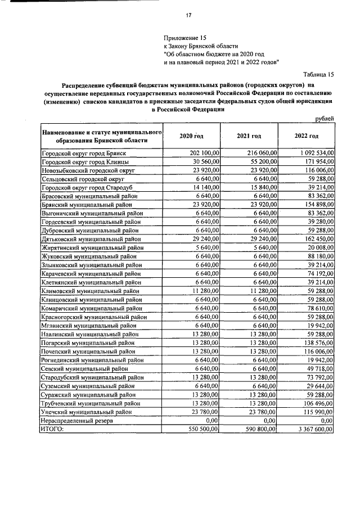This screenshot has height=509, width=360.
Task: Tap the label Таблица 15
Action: [x=318, y=74]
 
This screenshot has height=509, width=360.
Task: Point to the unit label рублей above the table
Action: [x=325, y=118]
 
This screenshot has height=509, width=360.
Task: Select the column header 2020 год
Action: [x=191, y=137]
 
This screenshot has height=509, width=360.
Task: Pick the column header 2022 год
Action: [x=307, y=137]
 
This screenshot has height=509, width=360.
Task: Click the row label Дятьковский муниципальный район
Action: [x=92, y=239]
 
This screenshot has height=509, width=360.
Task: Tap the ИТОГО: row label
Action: [x=53, y=429]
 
